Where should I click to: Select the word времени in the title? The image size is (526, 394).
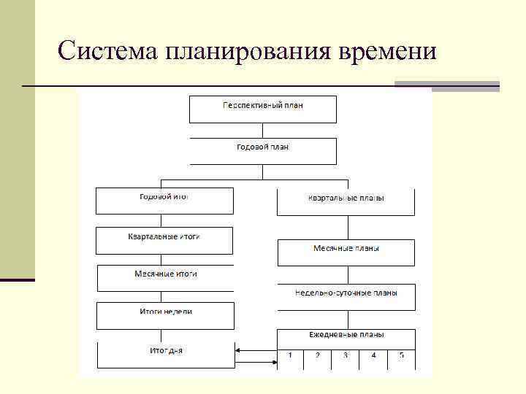(388, 51)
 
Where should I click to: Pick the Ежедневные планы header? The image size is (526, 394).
(346, 336)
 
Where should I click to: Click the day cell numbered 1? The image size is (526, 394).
(290, 358)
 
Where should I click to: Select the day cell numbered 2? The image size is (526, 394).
(318, 358)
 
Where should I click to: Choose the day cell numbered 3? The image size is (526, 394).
(346, 358)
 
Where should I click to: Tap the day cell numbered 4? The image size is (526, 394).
(373, 358)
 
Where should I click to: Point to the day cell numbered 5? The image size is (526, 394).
(401, 358)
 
